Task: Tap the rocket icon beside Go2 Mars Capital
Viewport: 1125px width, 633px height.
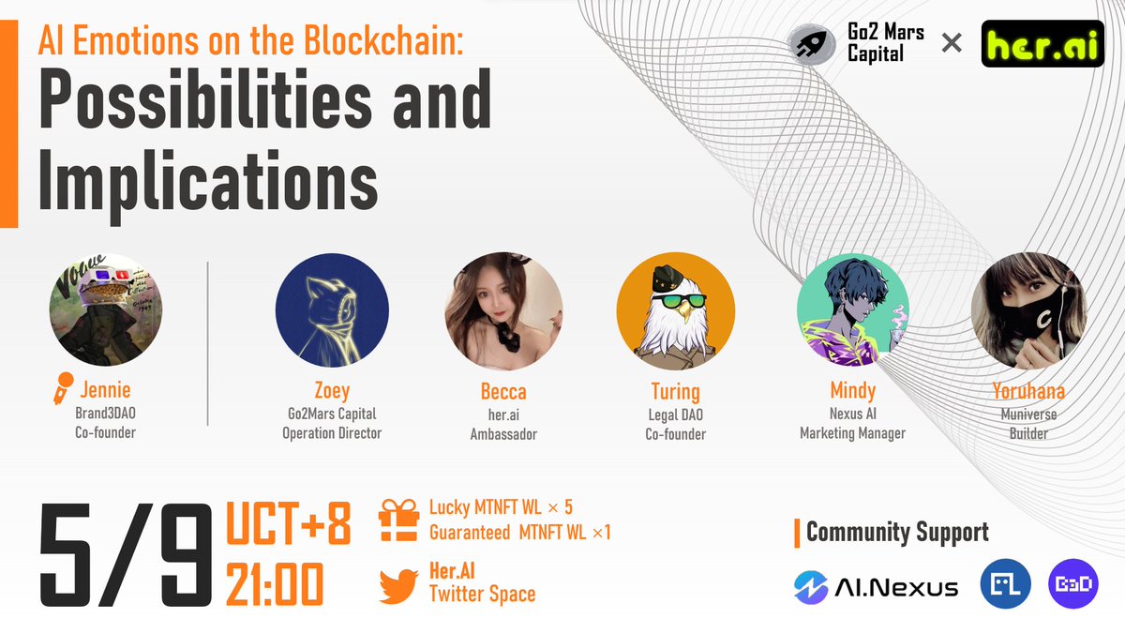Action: pos(810,43)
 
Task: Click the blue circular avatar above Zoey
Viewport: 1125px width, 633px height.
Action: pos(332,311)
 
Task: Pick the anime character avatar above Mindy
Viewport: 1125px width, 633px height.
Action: pos(852,311)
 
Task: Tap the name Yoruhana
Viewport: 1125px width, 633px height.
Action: pos(1029,391)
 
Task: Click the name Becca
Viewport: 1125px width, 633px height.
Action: pos(503,391)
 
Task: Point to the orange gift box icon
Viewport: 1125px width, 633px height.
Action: pos(398,519)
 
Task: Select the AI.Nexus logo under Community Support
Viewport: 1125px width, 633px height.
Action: pos(876,588)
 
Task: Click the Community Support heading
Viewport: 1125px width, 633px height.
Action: pos(896,533)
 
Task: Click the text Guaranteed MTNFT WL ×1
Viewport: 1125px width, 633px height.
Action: pos(519,533)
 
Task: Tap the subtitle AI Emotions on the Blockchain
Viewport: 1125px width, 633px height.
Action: pos(249,42)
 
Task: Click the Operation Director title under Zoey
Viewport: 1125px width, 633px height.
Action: pos(332,433)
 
